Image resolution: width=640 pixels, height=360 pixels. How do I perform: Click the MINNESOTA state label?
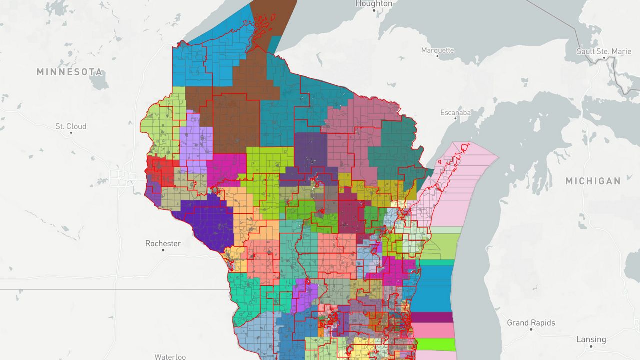[x=69, y=72]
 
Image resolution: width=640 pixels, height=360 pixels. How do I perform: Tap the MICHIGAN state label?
[x=593, y=181]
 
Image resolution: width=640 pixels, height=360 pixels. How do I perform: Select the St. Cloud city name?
[x=71, y=126]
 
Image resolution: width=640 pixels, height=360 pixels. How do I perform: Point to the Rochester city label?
[x=163, y=243]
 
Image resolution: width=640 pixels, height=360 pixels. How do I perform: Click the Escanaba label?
[x=455, y=112]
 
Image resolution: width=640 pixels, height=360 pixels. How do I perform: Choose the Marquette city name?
[x=437, y=50]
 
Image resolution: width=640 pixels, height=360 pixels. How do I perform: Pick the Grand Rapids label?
[x=531, y=323]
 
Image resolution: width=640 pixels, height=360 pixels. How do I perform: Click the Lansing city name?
[x=591, y=339]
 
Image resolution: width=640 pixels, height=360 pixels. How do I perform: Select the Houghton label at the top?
[x=374, y=4]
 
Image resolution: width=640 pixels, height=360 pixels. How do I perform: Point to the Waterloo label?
[x=170, y=356]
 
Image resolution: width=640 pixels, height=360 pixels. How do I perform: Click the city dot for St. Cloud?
[x=71, y=133]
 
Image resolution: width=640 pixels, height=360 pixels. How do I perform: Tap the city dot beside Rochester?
[x=163, y=250]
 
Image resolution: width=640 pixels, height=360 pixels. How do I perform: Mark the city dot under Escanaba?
[x=455, y=119]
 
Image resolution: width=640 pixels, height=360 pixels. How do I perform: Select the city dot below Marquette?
[x=437, y=56]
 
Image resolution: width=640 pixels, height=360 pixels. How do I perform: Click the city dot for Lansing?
[x=591, y=346]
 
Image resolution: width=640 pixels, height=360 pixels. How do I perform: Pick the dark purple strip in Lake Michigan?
[x=432, y=317]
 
